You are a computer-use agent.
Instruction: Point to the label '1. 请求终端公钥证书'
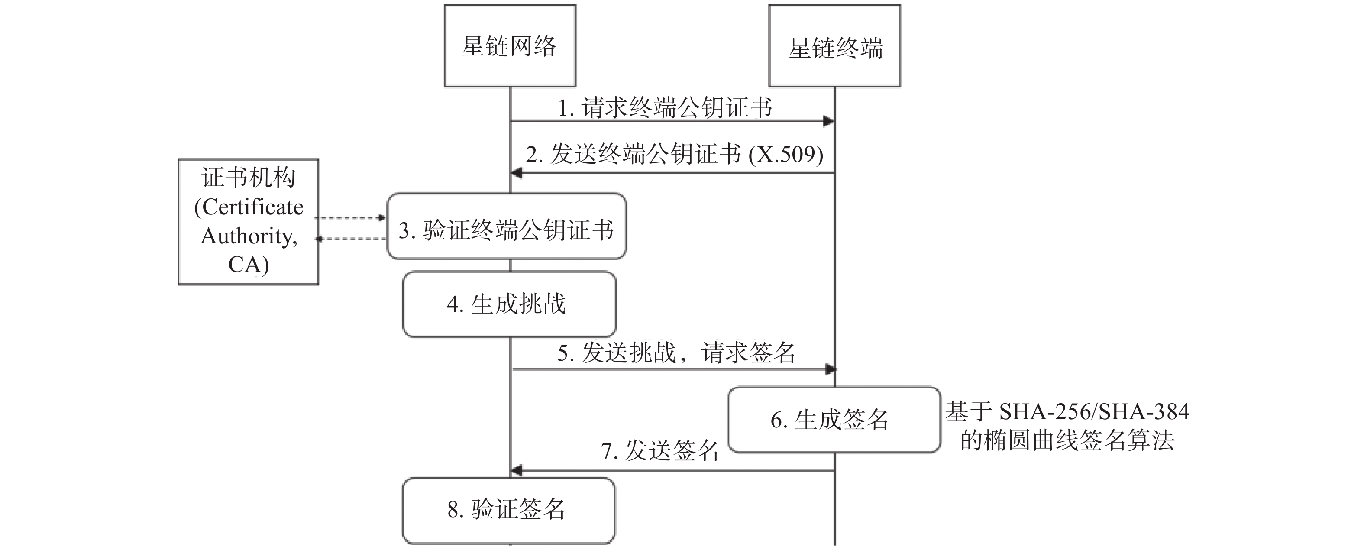point(665,108)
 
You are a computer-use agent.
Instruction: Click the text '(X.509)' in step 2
point(786,155)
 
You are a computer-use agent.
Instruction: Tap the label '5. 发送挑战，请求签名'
point(676,353)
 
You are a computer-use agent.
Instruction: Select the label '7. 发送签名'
point(660,451)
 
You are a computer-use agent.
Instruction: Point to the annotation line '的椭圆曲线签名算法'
point(1067,440)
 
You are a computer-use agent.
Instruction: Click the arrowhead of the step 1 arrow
point(829,121)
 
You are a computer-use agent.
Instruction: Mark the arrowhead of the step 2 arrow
point(516,172)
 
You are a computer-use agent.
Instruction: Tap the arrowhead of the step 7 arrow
point(516,469)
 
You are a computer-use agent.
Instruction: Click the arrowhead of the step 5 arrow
point(830,369)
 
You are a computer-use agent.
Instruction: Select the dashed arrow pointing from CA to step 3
point(351,217)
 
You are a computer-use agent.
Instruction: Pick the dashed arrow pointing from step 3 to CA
point(351,239)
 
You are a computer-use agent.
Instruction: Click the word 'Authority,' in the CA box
point(249,236)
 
